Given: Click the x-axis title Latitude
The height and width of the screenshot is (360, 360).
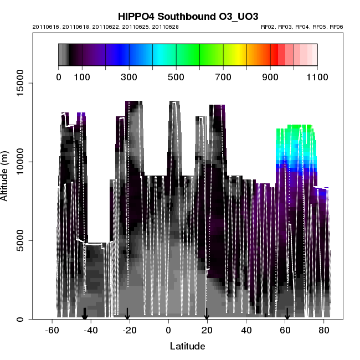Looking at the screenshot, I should pos(187,347).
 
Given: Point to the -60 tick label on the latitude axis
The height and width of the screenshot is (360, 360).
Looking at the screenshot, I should pos(52,331).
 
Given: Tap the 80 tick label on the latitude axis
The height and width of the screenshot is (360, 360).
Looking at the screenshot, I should pos(325,331).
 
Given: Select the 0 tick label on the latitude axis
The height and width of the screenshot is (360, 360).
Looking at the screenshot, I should pos(168,331).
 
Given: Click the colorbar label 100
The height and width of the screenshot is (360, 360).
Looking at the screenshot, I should pos(82,76).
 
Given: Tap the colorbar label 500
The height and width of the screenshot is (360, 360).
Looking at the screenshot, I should pos(176,76).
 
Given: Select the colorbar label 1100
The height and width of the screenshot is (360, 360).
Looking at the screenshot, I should pos(317,76).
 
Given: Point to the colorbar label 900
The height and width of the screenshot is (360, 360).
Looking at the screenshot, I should pos(270,76).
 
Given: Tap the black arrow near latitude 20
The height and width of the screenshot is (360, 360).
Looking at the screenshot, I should pos(207,314).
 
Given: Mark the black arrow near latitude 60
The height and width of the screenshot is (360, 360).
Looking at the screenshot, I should pos(287,314).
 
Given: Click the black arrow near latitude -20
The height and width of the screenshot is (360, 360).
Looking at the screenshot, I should pos(127,314).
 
